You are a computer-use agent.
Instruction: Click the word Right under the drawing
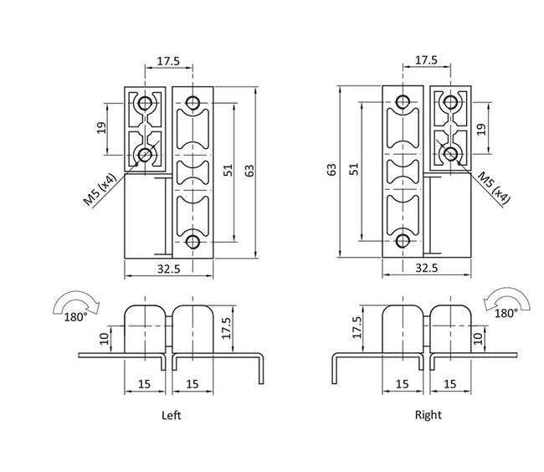pyautogui.click(x=428, y=414)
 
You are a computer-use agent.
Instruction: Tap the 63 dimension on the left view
pyautogui.click(x=249, y=170)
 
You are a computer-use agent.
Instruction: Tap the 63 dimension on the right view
pyautogui.click(x=332, y=170)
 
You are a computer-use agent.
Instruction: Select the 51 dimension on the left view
pyautogui.click(x=227, y=170)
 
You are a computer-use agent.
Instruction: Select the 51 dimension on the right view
pyautogui.click(x=354, y=170)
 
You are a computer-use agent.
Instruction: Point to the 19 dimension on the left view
pyautogui.click(x=100, y=128)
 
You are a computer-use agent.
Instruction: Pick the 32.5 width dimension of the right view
pyautogui.click(x=428, y=269)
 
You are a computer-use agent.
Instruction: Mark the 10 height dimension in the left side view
pyautogui.click(x=101, y=337)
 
